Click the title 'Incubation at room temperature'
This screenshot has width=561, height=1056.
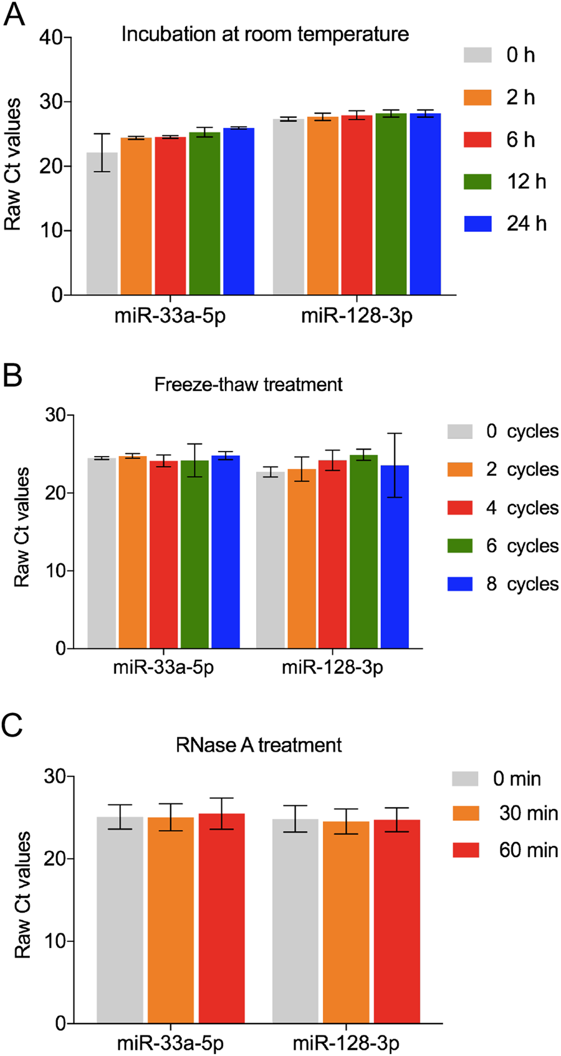pos(265,34)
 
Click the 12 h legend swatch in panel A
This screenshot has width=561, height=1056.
pos(477,182)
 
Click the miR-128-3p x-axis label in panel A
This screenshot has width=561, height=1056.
pos(357,316)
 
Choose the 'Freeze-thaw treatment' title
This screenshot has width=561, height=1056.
pos(248,384)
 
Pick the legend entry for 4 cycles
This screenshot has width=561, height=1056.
pos(502,508)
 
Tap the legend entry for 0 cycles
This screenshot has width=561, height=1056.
pos(502,432)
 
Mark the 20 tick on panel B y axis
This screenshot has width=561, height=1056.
pos(55,493)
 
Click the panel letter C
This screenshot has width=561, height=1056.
pos(12,726)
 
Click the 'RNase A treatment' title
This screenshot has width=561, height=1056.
pos(259,745)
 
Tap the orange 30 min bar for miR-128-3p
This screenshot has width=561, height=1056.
pos(346,922)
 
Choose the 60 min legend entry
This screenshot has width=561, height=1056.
pos(505,850)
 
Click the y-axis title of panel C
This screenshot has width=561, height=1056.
pos(22,894)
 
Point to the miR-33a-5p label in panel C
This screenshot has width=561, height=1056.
pos(170,1043)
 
